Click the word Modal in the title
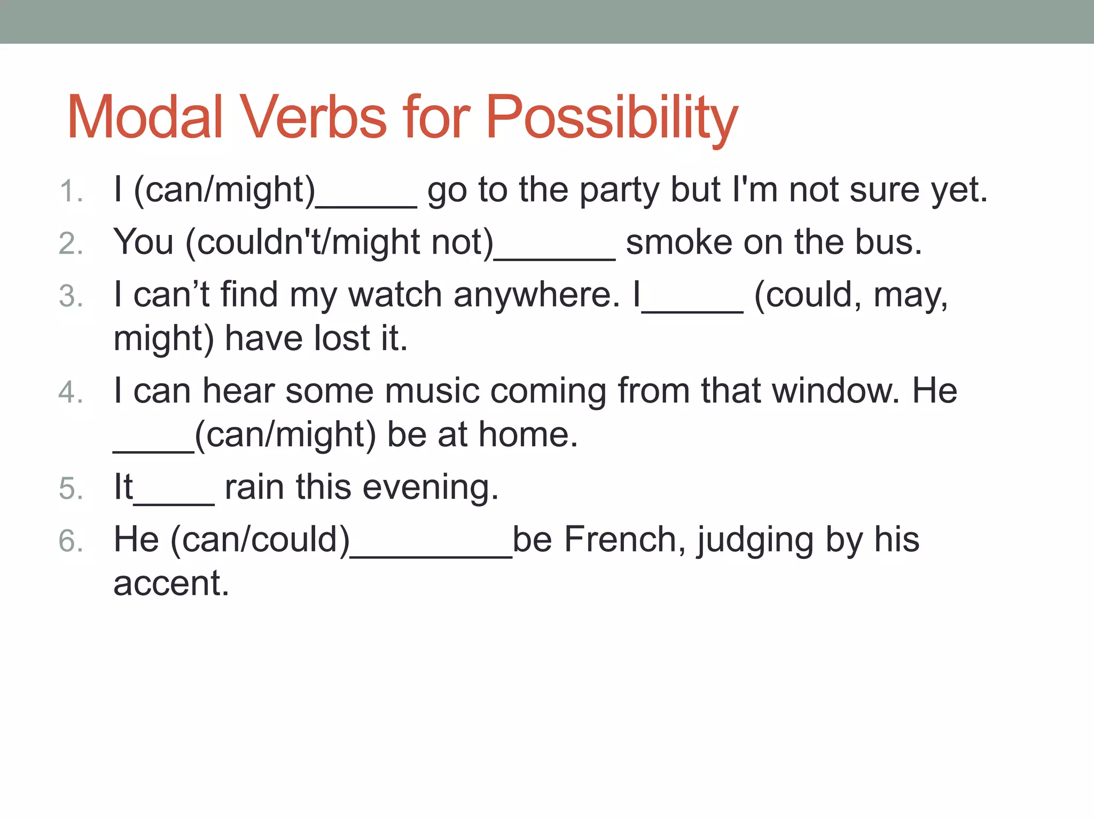point(145,117)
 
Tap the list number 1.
point(71,191)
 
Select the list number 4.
point(71,392)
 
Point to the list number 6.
point(71,540)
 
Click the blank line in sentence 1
point(366,203)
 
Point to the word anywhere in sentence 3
point(537,295)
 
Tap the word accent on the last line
point(170,583)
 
